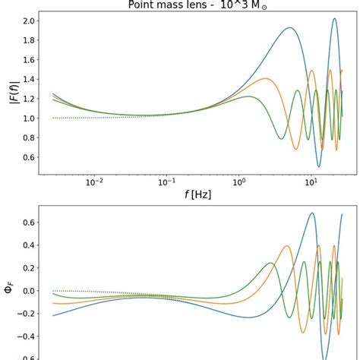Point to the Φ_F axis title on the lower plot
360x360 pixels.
coord(10,290)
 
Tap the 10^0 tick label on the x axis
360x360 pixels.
coord(239,182)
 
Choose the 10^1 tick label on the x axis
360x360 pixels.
coord(311,182)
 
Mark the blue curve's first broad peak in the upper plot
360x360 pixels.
coord(289,28)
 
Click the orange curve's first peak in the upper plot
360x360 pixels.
coord(264,78)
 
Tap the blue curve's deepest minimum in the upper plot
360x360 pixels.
coord(319,166)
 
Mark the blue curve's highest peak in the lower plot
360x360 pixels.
coord(311,213)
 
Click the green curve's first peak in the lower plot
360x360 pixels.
coord(271,263)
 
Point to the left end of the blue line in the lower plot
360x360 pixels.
coord(52,315)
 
